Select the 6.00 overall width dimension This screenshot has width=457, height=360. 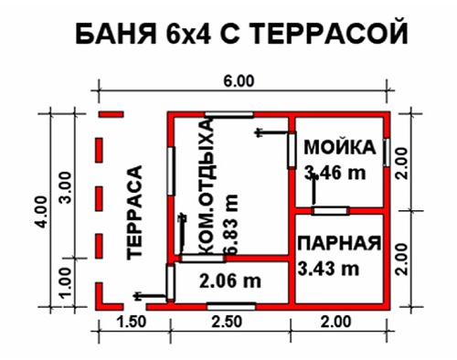tap(239, 81)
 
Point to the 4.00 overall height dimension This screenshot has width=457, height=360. tap(41, 211)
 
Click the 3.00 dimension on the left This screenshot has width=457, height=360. tap(66, 187)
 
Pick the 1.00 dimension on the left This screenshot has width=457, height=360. tap(66, 283)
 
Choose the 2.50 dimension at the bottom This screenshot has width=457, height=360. tap(228, 322)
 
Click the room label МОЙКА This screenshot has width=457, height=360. tap(340, 147)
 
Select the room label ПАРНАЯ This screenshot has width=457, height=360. tap(339, 243)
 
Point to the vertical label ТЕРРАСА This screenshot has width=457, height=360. tap(134, 212)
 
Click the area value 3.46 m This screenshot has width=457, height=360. tap(335, 173)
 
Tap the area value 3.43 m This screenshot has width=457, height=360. tap(328, 269)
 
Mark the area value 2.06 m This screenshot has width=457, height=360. tap(230, 281)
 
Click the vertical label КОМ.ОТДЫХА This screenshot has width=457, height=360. tap(207, 186)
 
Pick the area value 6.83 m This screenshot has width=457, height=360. tap(230, 224)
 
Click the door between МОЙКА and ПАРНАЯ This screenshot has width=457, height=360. tap(330, 210)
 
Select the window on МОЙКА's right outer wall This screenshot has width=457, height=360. tap(387, 153)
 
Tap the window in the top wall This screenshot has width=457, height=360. tap(228, 114)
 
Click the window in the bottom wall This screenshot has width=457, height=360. tap(231, 306)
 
